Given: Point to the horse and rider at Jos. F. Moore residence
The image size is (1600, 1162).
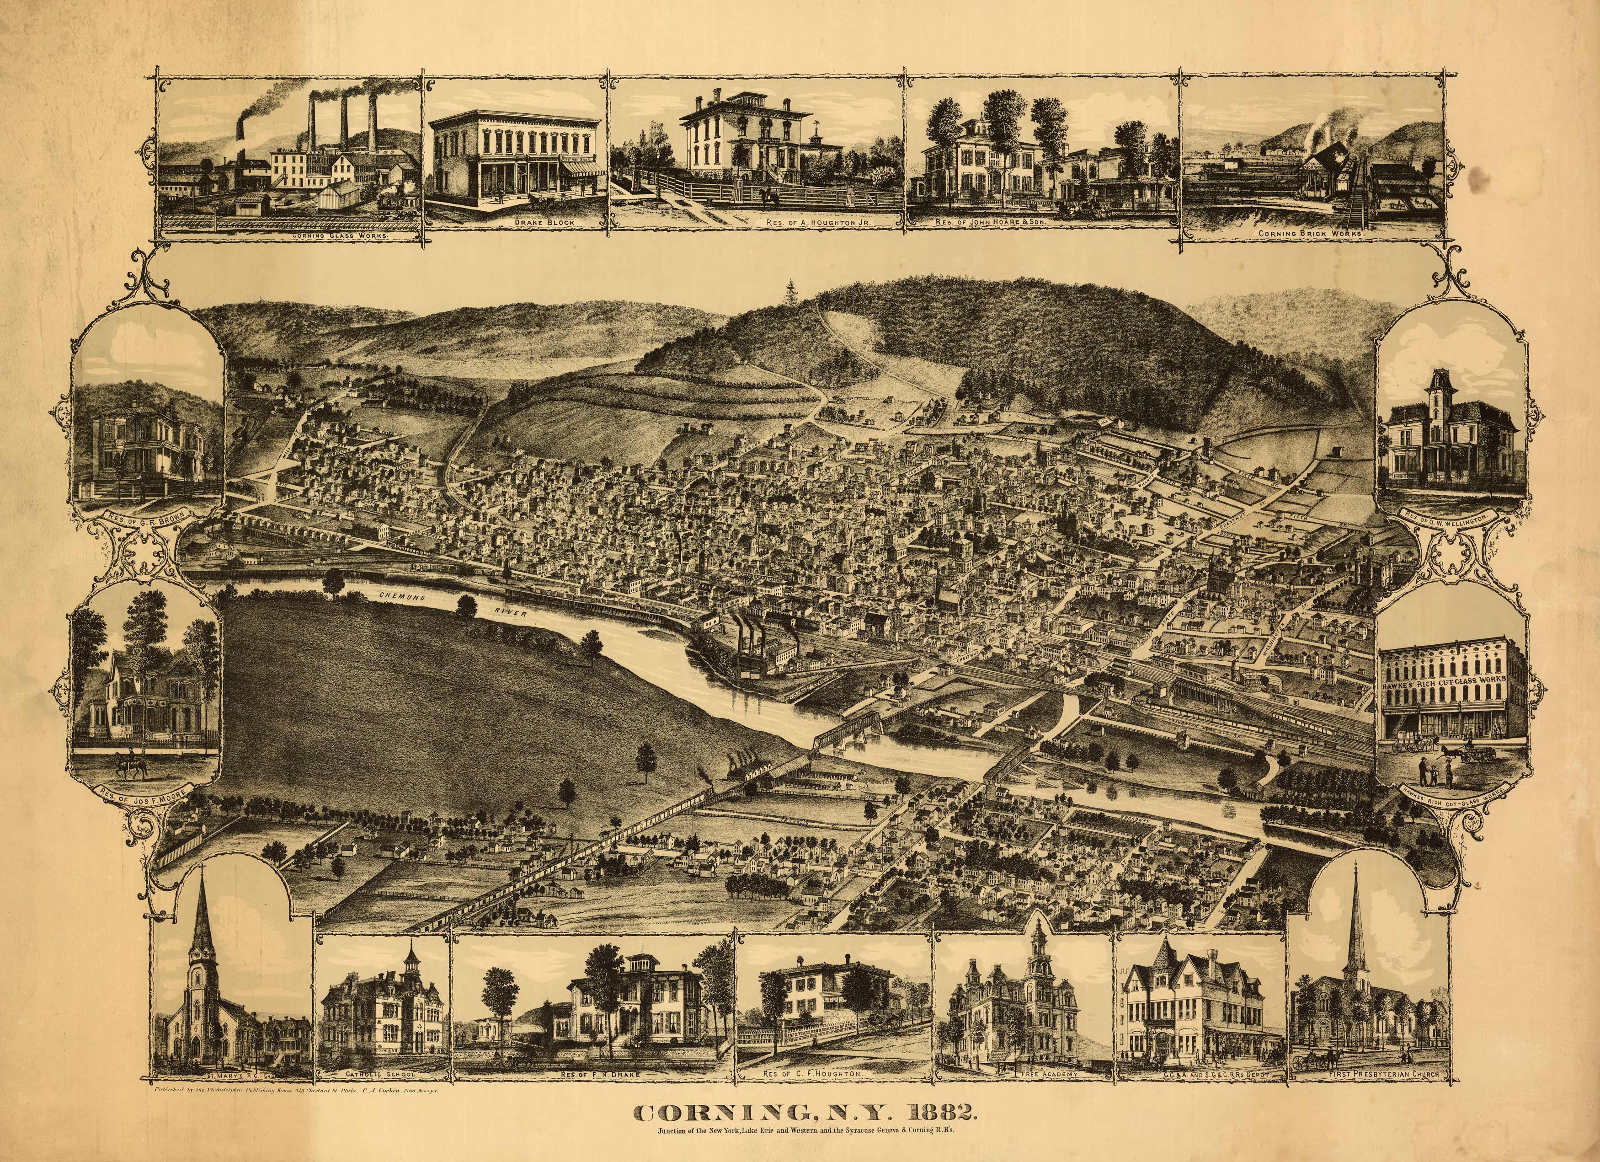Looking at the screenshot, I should (x=126, y=764).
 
